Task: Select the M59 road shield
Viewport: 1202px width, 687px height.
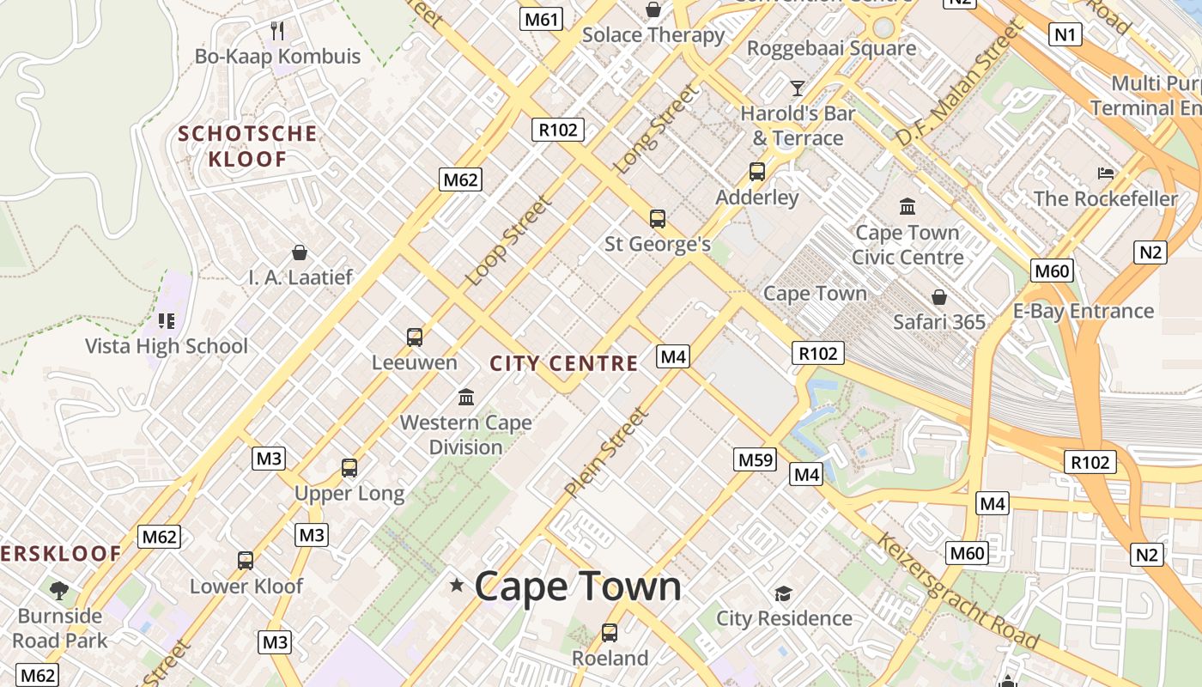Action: pos(756,459)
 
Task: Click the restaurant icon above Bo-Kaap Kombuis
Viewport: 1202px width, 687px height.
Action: pos(277,31)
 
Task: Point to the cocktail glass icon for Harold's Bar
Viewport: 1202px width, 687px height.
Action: pos(798,88)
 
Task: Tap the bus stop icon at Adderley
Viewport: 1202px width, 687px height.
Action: pos(756,171)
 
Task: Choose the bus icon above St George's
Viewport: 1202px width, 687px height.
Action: pos(657,218)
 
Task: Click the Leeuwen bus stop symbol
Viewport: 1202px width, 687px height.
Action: pos(415,337)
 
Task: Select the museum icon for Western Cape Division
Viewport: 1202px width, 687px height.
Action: pos(466,397)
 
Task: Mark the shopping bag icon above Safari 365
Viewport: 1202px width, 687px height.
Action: pos(939,297)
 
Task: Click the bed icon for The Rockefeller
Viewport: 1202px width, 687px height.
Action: pos(1106,173)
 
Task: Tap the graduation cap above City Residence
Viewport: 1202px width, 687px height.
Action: pos(783,593)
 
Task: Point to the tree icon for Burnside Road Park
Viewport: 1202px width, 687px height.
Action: pos(59,590)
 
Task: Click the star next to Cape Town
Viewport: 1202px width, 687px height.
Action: pos(457,586)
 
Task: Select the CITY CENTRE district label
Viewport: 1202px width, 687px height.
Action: pos(564,363)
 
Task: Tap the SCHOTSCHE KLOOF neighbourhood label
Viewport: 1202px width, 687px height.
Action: pos(247,146)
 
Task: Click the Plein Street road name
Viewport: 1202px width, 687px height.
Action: pos(606,453)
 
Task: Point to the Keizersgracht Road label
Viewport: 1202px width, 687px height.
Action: pos(957,592)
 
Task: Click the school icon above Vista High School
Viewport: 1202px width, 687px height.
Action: pos(166,321)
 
